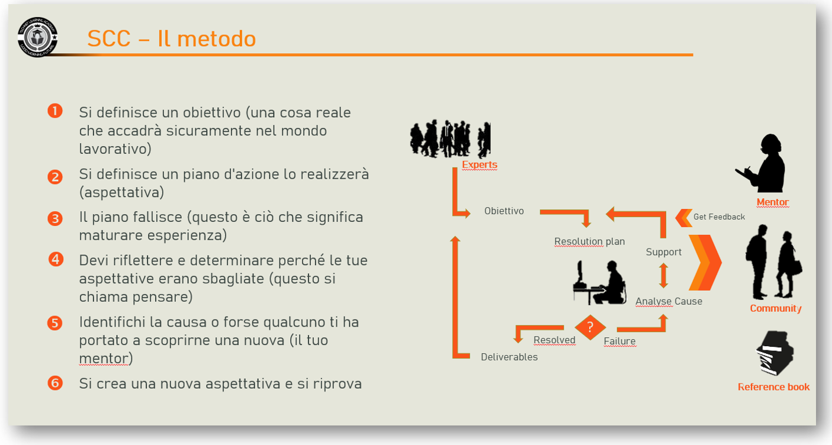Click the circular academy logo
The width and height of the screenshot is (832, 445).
click(x=37, y=37)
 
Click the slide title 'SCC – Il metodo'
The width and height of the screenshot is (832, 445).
click(x=172, y=38)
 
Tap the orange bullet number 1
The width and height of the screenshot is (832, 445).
click(x=55, y=111)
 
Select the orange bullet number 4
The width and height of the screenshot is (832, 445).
click(x=56, y=259)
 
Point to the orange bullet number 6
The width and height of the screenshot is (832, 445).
click(x=55, y=383)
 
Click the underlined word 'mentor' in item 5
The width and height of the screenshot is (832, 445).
click(x=104, y=359)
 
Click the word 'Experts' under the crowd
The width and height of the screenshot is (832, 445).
click(x=480, y=165)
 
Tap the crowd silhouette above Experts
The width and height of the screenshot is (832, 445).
click(x=451, y=138)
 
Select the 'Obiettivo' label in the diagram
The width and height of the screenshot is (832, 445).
click(x=504, y=211)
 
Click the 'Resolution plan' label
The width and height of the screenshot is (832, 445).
click(x=589, y=241)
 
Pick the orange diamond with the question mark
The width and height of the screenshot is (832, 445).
click(x=590, y=327)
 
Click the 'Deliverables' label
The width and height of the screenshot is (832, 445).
click(x=509, y=357)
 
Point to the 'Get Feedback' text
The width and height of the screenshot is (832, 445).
click(x=719, y=217)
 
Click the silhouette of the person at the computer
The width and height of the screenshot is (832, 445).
click(x=599, y=282)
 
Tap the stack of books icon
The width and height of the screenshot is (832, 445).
click(x=775, y=353)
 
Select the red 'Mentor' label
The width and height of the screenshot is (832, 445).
click(x=773, y=202)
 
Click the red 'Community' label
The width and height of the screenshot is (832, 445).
click(x=776, y=308)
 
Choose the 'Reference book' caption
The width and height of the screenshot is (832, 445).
click(x=774, y=387)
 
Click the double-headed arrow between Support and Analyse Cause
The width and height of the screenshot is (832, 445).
click(x=664, y=275)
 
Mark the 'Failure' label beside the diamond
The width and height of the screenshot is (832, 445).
click(x=619, y=341)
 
